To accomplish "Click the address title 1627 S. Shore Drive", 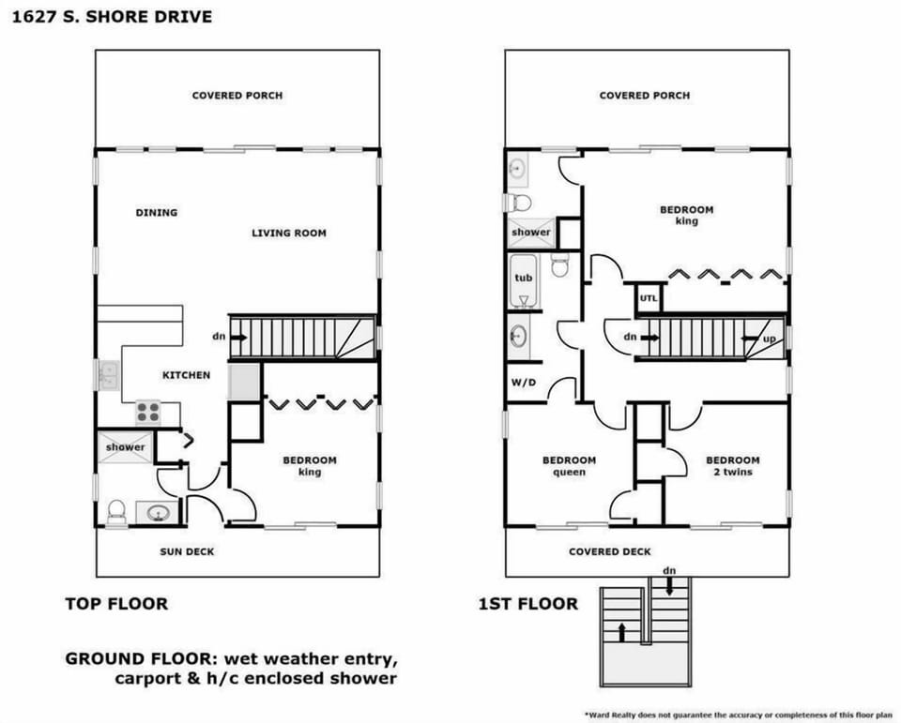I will tap(111, 16).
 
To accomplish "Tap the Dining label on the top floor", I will tap(156, 213).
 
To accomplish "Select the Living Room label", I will tap(289, 233).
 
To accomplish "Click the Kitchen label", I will tap(186, 375).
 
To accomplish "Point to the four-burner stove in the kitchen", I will tap(148, 412).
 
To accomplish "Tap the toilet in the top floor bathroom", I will tap(117, 511).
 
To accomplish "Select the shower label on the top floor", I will tap(125, 447).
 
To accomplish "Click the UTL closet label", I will tap(649, 298).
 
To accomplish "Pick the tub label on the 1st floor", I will tap(523, 278).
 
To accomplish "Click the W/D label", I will tap(524, 382).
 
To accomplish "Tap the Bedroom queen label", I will tap(569, 466).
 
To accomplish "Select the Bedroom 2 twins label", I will tap(732, 466).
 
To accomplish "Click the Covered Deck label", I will tap(609, 551).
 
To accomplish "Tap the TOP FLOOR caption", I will tap(116, 604).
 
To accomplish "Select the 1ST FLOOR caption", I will tap(527, 604).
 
